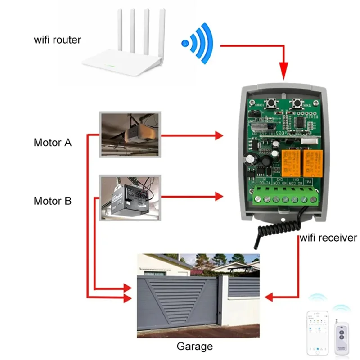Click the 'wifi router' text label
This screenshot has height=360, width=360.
(58, 40)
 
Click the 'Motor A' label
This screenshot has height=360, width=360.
(53, 143)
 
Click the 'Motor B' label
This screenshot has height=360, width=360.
(53, 201)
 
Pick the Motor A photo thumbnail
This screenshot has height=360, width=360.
(130, 135)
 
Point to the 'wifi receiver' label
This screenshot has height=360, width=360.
(328, 238)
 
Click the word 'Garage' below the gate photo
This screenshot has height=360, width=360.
(194, 346)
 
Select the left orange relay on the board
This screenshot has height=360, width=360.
(290, 163)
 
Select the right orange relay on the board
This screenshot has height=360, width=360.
(312, 163)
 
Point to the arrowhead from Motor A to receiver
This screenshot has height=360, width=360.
(219, 135)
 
